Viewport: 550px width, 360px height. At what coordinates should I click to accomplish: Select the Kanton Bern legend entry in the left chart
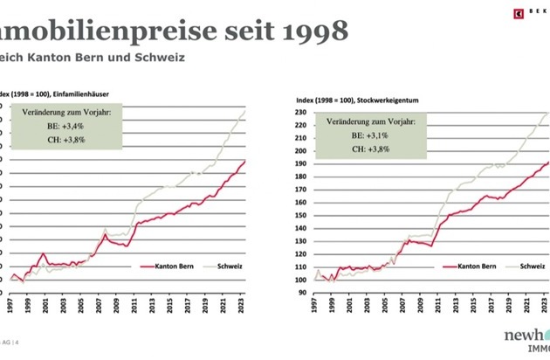click(x=181, y=265)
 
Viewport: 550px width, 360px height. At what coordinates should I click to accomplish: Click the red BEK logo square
click(x=517, y=11)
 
